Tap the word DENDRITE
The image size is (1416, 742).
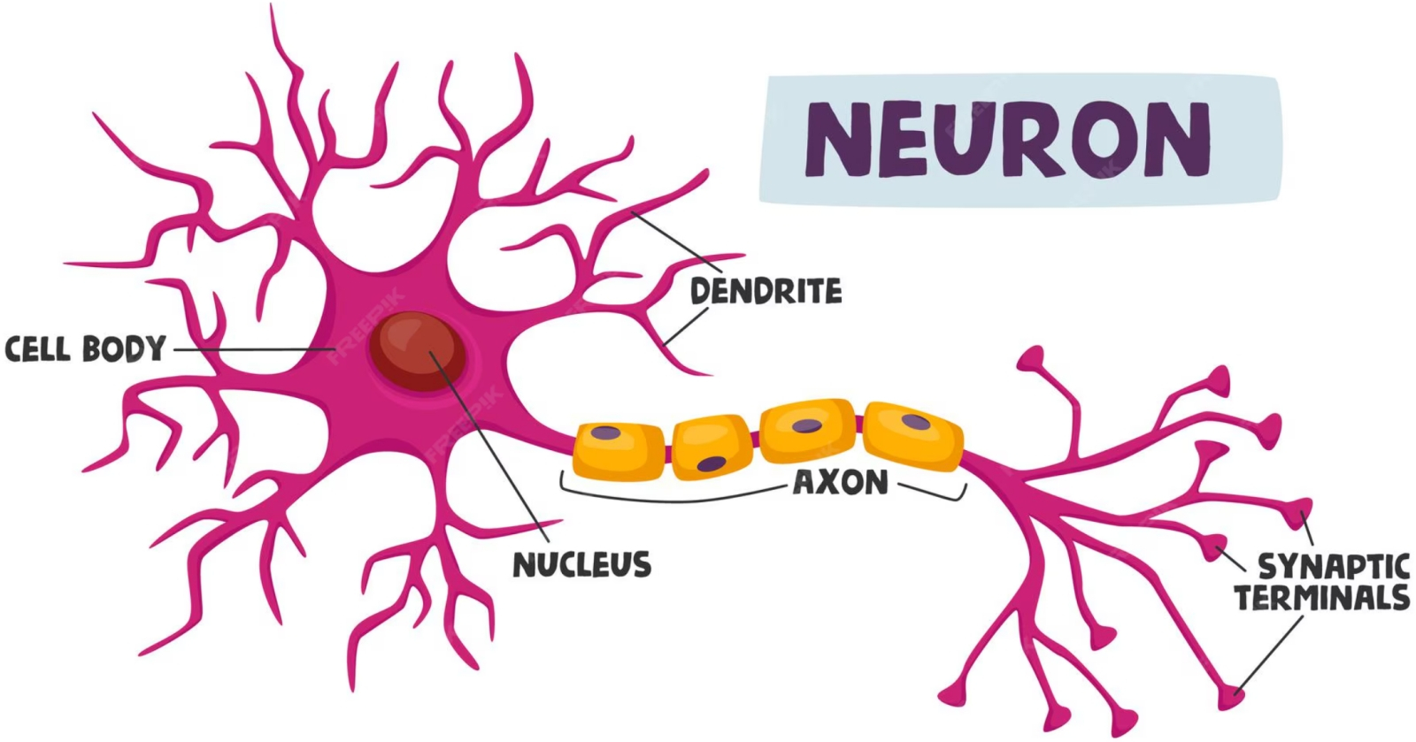766,291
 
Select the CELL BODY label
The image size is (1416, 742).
85,348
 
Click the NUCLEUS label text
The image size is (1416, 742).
582,564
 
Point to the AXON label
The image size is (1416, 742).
840,483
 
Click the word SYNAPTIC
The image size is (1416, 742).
1333,566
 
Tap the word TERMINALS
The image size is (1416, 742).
1322,599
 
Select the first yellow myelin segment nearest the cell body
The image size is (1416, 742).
619,450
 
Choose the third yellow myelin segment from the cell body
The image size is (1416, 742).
807,431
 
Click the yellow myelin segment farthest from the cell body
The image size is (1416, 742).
912,434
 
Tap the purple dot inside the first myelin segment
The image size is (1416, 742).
606,433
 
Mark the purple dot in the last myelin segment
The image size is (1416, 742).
915,421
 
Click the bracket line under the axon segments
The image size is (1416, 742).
673,498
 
